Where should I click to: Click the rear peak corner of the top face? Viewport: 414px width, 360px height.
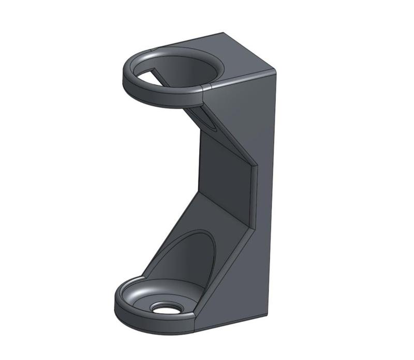coord(224,33)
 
